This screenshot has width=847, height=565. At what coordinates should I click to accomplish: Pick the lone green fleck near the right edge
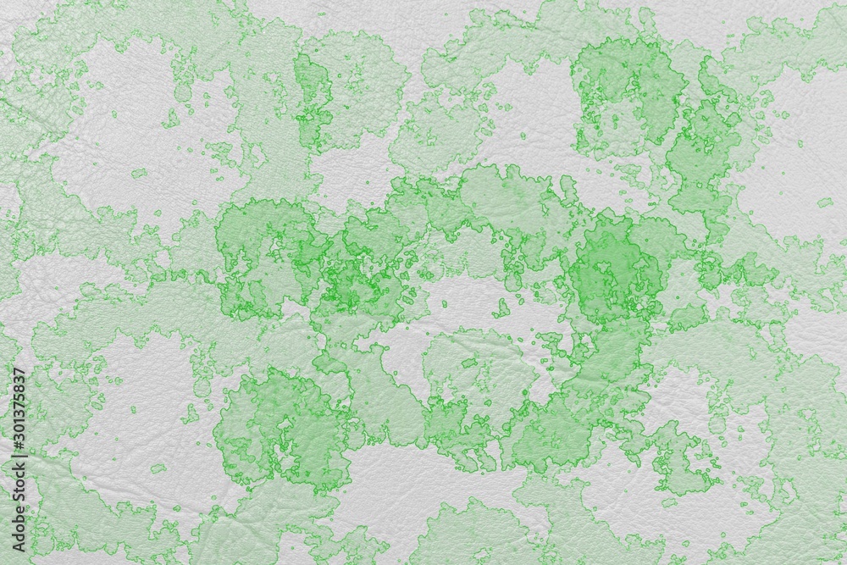(824, 202)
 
